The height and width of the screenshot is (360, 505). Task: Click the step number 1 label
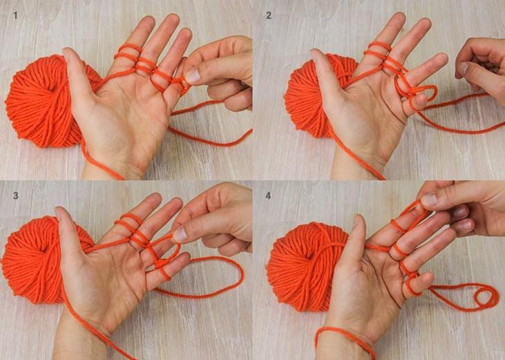tap(15, 15)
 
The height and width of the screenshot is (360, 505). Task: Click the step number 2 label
tap(269, 15)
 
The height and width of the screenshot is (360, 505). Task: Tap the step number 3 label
tap(15, 196)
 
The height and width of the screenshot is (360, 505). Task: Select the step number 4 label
tap(268, 196)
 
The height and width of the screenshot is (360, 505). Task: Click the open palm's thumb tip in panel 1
tap(67, 51)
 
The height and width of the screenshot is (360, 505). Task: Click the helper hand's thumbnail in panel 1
tap(193, 76)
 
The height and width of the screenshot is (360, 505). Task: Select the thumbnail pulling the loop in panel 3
tap(180, 234)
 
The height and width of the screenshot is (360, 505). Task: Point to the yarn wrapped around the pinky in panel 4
tap(412, 284)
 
